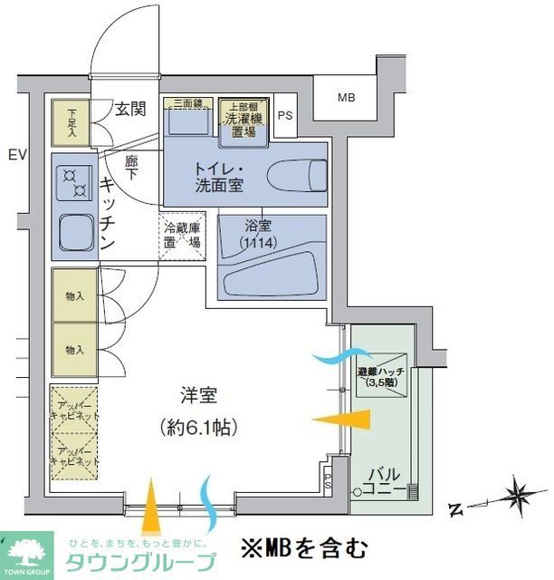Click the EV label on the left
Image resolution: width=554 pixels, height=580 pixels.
click(x=16, y=155)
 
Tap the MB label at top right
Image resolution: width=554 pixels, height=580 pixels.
click(x=347, y=98)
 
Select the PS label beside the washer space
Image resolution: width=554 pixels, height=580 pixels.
click(x=285, y=115)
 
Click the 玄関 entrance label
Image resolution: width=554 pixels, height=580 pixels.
click(x=130, y=110)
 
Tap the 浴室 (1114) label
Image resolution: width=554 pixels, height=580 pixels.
click(x=257, y=235)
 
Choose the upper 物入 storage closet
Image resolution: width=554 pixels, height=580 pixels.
click(x=73, y=295)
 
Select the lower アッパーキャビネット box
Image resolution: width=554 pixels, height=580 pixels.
click(x=72, y=455)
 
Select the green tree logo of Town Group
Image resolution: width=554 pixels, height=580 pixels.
click(x=29, y=547)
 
